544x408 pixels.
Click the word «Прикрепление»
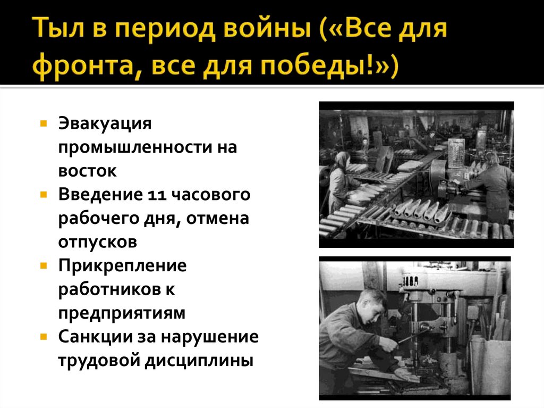tap(123, 265)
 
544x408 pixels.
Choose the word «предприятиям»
tap(122, 313)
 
